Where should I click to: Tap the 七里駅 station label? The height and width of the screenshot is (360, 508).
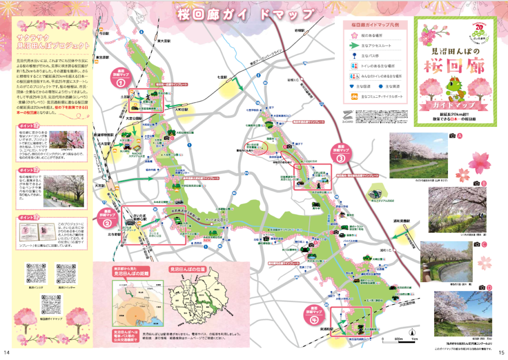(222, 78)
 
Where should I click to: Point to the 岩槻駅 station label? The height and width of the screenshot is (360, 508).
(299, 31)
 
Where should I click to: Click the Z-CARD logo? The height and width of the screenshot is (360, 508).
(363, 113)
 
